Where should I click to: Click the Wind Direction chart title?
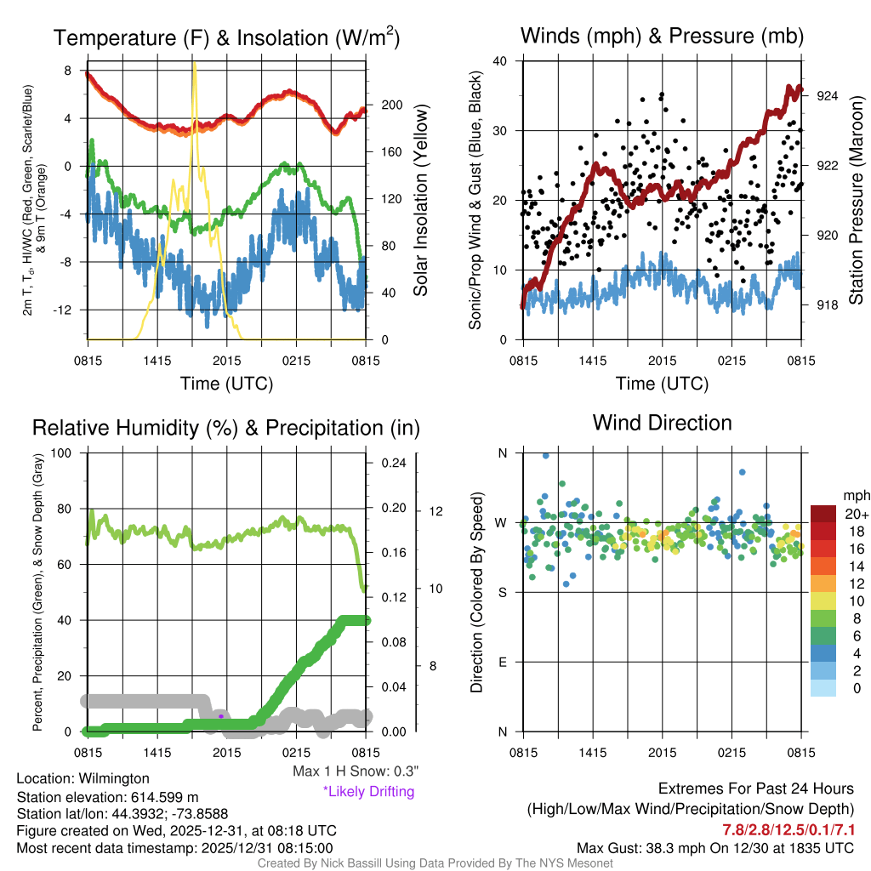point(662,423)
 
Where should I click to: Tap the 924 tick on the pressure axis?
point(827,96)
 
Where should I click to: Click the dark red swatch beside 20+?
point(824,514)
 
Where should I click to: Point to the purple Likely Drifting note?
point(368,791)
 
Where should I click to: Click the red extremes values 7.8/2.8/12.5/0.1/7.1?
point(788,829)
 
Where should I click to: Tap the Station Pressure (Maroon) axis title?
point(857,201)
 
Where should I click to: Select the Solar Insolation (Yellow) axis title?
point(420,201)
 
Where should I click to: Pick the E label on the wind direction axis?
point(502,662)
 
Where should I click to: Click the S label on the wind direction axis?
point(502,592)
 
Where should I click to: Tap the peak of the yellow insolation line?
point(195,64)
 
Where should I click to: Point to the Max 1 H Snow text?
point(356,771)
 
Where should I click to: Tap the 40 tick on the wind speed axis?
point(500,61)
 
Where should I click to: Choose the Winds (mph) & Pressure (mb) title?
point(662,36)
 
